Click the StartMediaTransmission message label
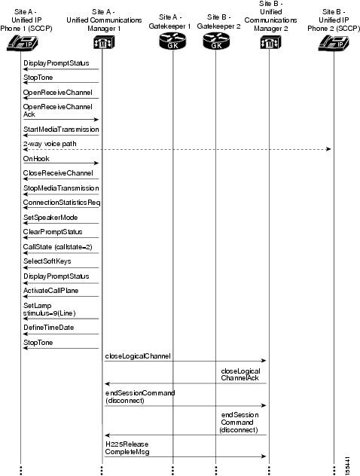[x=61, y=130]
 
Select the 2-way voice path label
[x=50, y=143]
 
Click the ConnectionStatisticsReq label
[x=62, y=203]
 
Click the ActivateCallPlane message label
[x=56, y=290]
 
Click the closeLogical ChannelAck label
[x=240, y=375]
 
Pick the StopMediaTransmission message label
[x=61, y=188]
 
